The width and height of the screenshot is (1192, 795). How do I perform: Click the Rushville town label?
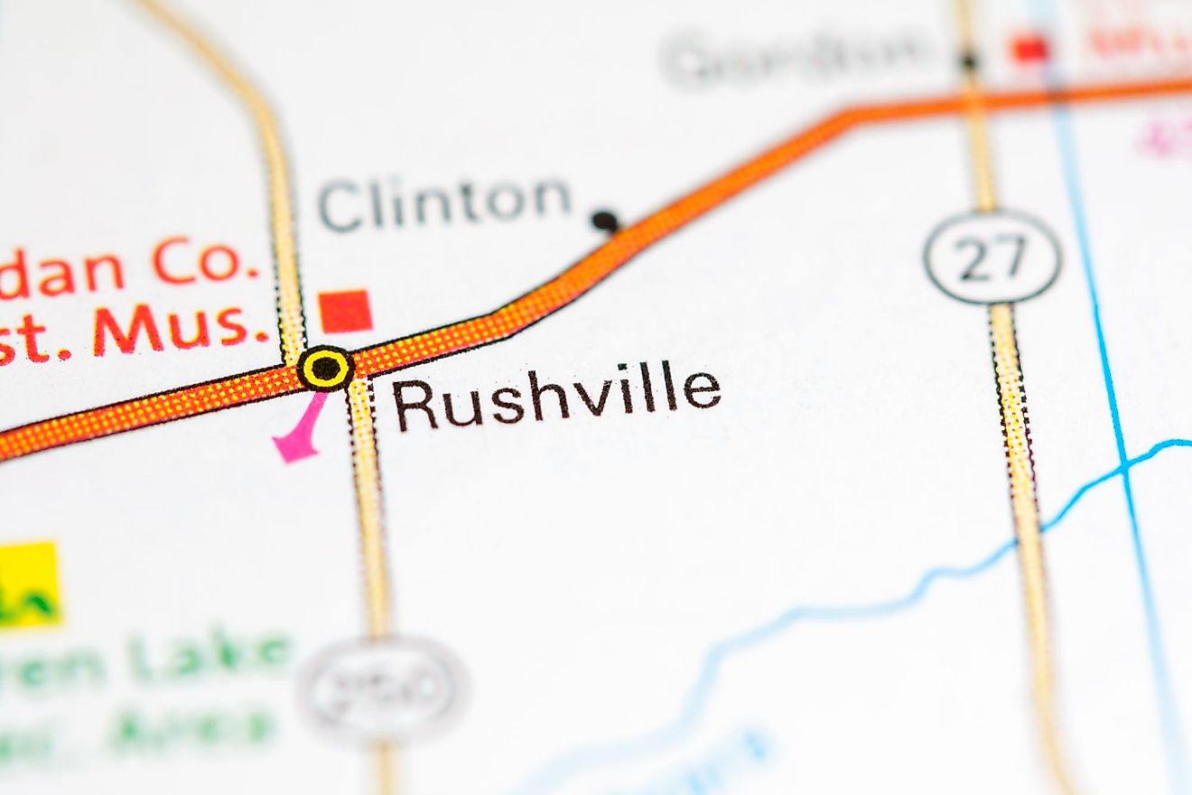point(557,397)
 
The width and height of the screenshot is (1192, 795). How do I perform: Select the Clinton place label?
point(444,201)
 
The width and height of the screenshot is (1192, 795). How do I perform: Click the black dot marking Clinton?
point(604,220)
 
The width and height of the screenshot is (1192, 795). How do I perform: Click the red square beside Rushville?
point(346,311)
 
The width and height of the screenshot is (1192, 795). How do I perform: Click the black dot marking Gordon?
point(969,61)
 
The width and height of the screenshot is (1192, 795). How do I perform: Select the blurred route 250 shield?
point(384,689)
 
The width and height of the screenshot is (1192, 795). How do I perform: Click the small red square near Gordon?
point(1029,48)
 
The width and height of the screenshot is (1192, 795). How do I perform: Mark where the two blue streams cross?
point(1123,465)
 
